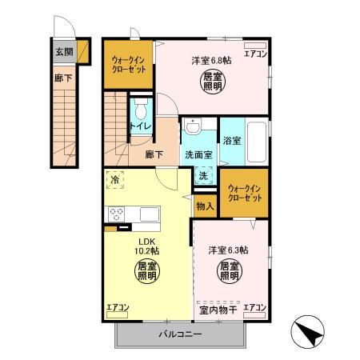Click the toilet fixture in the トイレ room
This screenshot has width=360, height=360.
[141, 110]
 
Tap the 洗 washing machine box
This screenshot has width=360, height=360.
[202, 176]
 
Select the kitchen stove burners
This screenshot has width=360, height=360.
[116, 214]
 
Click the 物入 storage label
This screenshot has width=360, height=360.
[205, 206]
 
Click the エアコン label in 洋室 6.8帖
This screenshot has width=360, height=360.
[255, 54]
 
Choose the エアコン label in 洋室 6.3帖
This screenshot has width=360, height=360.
[254, 307]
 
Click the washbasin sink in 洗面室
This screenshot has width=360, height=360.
[194, 127]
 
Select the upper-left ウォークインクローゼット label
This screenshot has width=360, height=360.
[127, 63]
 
